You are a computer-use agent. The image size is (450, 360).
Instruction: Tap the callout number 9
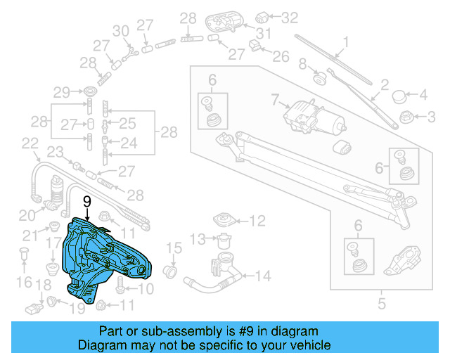[87, 201]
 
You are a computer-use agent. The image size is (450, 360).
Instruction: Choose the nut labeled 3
[405, 116]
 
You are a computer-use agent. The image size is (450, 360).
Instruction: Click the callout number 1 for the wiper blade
[345, 41]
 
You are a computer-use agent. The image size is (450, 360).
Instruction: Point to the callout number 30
[122, 30]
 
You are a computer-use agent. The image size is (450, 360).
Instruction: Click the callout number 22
[30, 143]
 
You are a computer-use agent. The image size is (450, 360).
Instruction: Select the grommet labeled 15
[169, 271]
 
